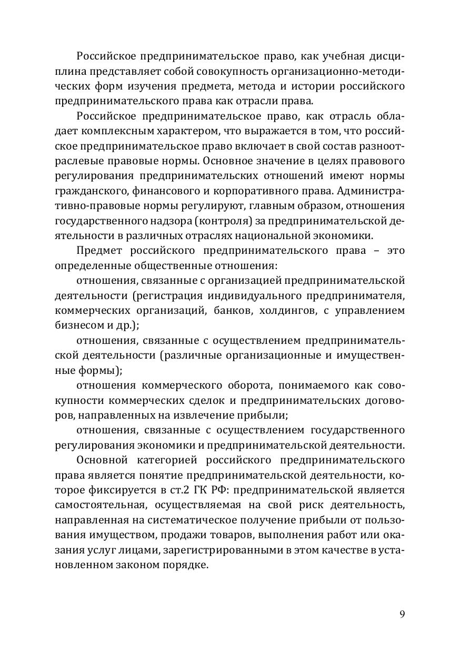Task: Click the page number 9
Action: click(402, 614)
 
